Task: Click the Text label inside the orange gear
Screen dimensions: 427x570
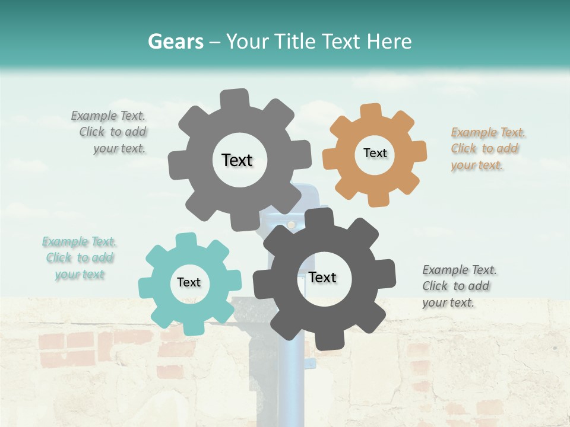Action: point(375,153)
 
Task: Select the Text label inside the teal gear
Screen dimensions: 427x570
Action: point(189,282)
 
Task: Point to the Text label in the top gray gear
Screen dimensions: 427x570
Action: point(237,160)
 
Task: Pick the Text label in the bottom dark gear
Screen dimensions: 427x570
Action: point(322,277)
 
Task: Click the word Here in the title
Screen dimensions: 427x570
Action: point(389,42)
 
